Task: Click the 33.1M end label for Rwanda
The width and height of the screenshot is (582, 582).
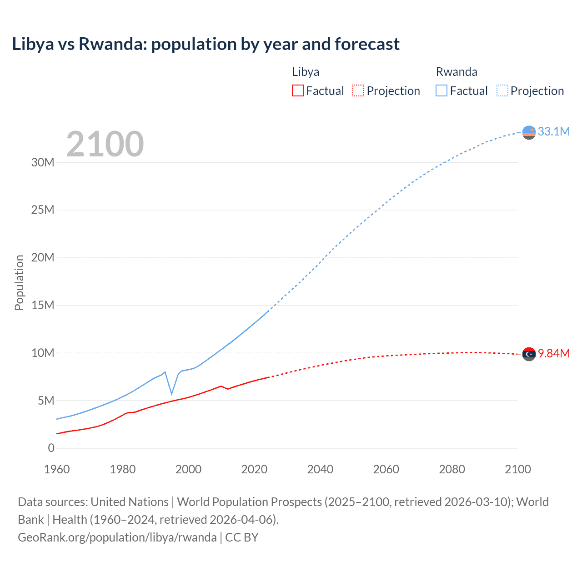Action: pyautogui.click(x=553, y=131)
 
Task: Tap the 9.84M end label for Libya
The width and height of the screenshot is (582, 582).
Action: pyautogui.click(x=553, y=353)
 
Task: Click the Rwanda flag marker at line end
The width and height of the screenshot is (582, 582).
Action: pyautogui.click(x=529, y=132)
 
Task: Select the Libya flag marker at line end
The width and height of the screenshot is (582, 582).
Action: pyautogui.click(x=529, y=354)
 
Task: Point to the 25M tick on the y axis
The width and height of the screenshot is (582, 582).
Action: pyautogui.click(x=43, y=210)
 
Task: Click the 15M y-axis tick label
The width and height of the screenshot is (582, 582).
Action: pyautogui.click(x=43, y=305)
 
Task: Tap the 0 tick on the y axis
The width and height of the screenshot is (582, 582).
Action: pyautogui.click(x=51, y=448)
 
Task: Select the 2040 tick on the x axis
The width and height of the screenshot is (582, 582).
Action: pyautogui.click(x=320, y=469)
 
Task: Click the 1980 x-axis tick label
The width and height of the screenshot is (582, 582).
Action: pyautogui.click(x=123, y=469)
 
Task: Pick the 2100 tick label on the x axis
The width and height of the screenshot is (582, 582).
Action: pyautogui.click(x=517, y=469)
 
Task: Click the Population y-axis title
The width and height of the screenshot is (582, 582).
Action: pyautogui.click(x=19, y=282)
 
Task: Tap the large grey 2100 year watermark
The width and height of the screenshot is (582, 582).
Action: pyautogui.click(x=105, y=144)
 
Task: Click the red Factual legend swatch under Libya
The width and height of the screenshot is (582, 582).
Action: pyautogui.click(x=297, y=90)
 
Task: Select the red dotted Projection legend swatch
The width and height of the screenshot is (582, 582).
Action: pyautogui.click(x=358, y=90)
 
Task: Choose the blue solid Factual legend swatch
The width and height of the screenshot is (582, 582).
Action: pyautogui.click(x=441, y=90)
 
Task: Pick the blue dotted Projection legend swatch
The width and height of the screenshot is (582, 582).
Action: pyautogui.click(x=502, y=90)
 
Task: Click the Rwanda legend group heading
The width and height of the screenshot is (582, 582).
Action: pyautogui.click(x=457, y=72)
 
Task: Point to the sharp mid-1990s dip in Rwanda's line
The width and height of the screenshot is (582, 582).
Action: pyautogui.click(x=171, y=393)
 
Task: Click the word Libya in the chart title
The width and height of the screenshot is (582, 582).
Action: pyautogui.click(x=33, y=44)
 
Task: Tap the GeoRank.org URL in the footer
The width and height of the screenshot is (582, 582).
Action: pyautogui.click(x=117, y=537)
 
